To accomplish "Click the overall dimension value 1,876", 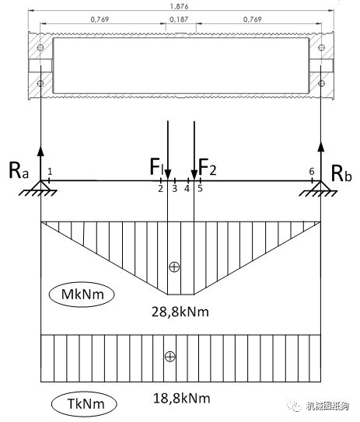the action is tap(179, 6).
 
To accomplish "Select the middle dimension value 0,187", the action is tap(179, 19).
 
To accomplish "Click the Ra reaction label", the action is tap(19, 170).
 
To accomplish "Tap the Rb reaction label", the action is tap(341, 173).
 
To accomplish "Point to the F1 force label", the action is tap(156, 166).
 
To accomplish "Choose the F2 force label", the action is tap(207, 167).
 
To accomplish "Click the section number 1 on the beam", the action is tap(50, 171).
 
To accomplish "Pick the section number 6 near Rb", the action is tap(312, 172).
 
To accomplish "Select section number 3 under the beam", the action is tap(175, 188).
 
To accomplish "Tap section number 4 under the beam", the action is tap(187, 188).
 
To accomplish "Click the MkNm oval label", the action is tap(82, 295).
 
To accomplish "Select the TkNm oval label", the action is tap(84, 404).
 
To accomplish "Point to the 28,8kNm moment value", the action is tap(180, 312).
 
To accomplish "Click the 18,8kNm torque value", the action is tap(181, 399).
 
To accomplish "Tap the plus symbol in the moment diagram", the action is tap(174, 267).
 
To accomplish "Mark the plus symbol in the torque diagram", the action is tap(170, 357).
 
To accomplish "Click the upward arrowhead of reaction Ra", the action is tap(40, 151).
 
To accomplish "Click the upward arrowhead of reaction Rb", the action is tap(321, 146).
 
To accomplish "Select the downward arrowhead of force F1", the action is tap(168, 174).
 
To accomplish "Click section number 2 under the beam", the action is tap(161, 188).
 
